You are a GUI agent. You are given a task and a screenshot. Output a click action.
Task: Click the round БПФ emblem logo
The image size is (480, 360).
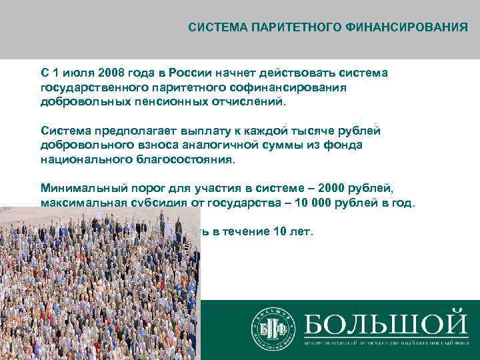coord(272,328)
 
